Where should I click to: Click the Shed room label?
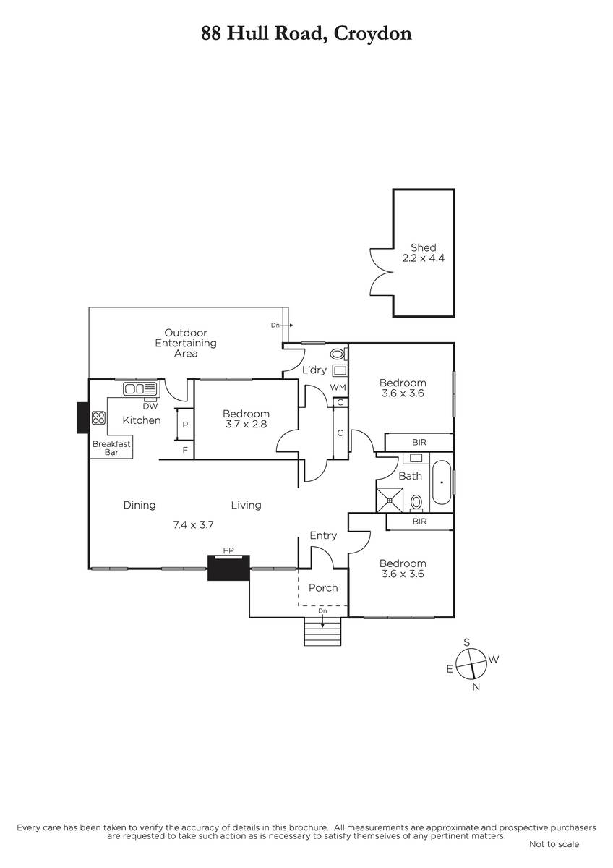point(424,247)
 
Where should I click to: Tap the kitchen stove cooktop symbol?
point(99,417)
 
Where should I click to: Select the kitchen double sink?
point(140,388)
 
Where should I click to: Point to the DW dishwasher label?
point(150,406)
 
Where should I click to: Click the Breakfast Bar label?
point(111,448)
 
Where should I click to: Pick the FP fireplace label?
point(228,550)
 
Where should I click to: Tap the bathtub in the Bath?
point(442,482)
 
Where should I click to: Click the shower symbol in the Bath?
point(390,501)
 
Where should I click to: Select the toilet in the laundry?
point(338,354)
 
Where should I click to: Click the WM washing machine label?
point(338,387)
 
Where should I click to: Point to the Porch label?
point(323,588)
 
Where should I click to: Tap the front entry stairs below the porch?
point(322,631)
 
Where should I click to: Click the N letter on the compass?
point(476,687)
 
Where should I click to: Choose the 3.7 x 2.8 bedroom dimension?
point(247,424)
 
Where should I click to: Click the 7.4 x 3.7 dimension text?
point(193,524)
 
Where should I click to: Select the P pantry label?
point(185,425)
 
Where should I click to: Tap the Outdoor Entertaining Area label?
point(186,343)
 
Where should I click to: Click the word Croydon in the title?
point(372,35)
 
